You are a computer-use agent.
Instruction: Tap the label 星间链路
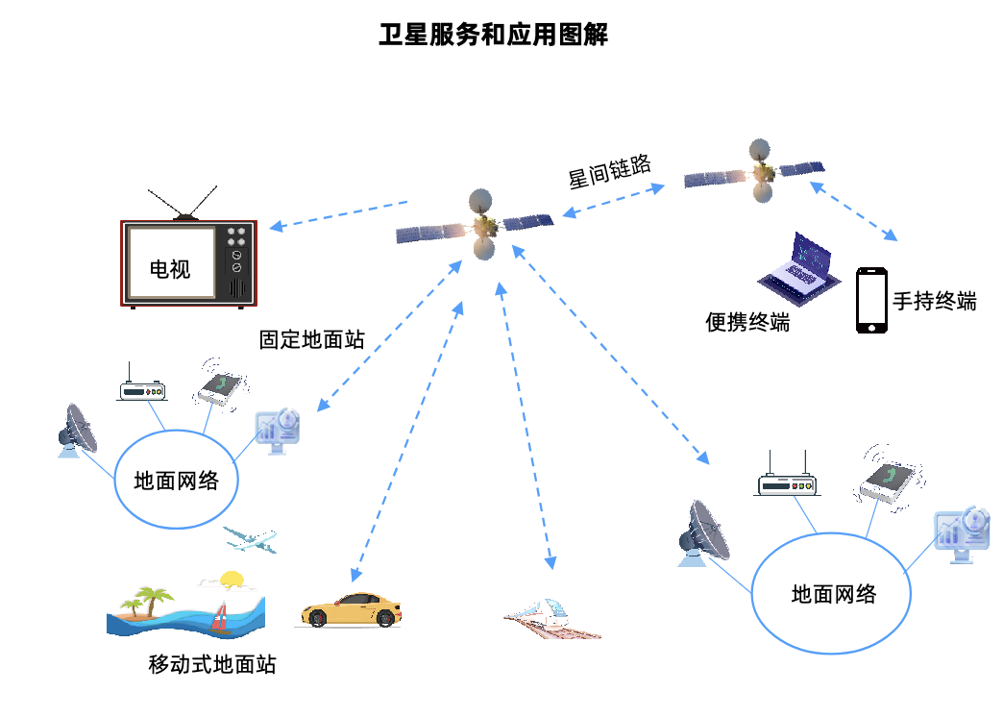point(610,171)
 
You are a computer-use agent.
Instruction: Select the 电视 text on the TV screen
point(170,269)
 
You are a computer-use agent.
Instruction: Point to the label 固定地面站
point(312,339)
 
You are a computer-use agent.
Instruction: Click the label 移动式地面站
point(212,664)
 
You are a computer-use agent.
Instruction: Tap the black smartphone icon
point(871,301)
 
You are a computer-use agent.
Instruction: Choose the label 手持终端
point(935,301)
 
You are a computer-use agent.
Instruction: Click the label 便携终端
point(747,323)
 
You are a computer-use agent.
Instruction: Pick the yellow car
point(351,610)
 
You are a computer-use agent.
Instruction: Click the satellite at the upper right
point(759,171)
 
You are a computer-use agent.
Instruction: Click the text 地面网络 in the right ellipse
point(834,594)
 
